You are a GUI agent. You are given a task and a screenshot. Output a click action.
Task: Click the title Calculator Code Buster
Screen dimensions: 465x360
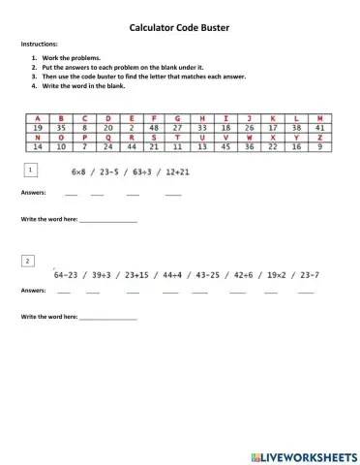(180, 29)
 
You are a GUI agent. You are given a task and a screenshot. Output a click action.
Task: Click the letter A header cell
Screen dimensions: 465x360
(38, 117)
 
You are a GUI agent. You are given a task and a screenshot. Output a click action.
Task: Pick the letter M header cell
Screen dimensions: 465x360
(319, 117)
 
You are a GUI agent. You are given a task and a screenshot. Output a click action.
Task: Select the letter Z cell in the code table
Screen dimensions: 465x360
(319, 138)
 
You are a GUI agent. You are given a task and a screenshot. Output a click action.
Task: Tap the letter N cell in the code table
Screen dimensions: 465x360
(38, 138)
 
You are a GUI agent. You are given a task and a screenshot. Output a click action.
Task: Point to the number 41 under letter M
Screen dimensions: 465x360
(319, 127)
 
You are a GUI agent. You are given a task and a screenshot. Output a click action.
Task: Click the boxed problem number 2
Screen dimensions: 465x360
(30, 262)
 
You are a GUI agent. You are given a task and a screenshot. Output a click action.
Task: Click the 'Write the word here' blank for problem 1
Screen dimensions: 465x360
(107, 221)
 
